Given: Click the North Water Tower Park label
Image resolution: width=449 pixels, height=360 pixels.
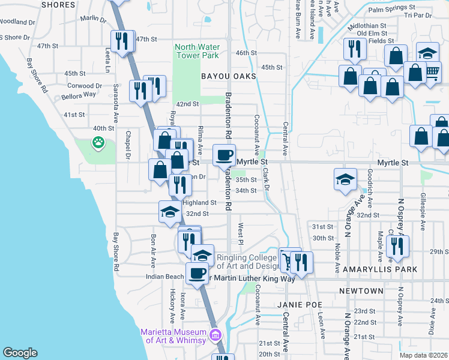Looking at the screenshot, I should point(197,52).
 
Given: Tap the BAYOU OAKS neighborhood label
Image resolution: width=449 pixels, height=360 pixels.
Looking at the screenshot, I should point(228,77).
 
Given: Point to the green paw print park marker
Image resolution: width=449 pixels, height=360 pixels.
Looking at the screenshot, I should point(97,143).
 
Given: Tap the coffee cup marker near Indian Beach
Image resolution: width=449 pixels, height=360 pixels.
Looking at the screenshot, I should point(196,273).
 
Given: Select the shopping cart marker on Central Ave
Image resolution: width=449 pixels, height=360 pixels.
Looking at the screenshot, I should point(289,260).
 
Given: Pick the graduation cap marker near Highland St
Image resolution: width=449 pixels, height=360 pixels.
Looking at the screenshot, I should point(170,211).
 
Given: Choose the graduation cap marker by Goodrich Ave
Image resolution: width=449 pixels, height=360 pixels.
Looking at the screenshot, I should point(345,179).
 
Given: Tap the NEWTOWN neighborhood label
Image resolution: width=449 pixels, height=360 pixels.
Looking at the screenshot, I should point(361,291).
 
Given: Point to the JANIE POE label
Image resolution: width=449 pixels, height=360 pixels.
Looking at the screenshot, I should point(297,305).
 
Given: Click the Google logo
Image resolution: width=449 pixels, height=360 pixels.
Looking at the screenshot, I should point(20,353).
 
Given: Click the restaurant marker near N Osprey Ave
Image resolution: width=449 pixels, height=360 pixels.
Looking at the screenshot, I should point(397,245).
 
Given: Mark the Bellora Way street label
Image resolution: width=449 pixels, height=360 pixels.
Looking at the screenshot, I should point(77,95).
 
